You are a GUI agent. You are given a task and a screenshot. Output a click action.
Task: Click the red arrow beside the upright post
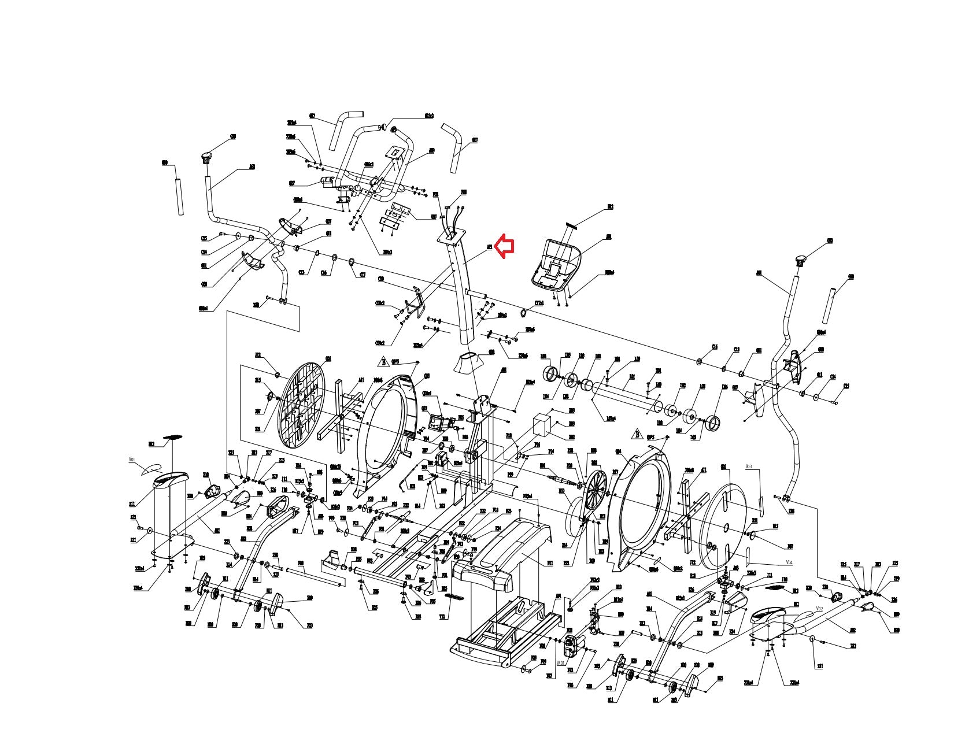pos(505,247)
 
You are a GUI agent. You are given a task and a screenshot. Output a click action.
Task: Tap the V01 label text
pos(132,460)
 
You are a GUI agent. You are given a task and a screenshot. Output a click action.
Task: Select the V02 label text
pos(819,609)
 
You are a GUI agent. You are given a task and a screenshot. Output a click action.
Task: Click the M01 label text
pos(560,663)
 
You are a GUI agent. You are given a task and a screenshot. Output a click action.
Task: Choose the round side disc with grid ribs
pos(301,410)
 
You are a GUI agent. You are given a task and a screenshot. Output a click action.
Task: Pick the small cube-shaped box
pos(543,425)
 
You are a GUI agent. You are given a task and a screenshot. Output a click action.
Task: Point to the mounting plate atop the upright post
pos(453,236)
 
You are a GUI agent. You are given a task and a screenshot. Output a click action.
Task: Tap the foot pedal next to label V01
pos(170,479)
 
